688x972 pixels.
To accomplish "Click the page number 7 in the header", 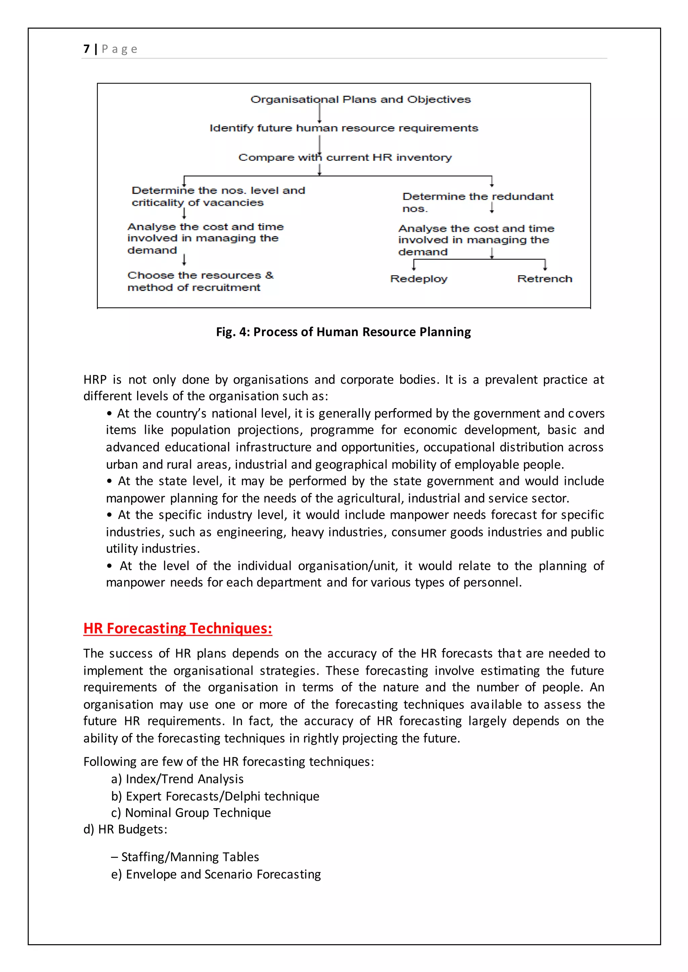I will pyautogui.click(x=86, y=49).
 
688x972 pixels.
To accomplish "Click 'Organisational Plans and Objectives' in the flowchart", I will pyautogui.click(x=360, y=99).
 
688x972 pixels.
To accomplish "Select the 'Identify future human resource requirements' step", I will pyautogui.click(x=344, y=128).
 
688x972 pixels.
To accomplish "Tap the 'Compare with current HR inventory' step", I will pyautogui.click(x=345, y=157).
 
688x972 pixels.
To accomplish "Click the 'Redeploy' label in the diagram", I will pyautogui.click(x=419, y=279).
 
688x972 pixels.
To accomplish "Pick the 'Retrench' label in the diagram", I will pyautogui.click(x=544, y=279).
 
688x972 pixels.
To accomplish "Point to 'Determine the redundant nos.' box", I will pyautogui.click(x=477, y=202).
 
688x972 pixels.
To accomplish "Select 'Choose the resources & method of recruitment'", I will pyautogui.click(x=200, y=282).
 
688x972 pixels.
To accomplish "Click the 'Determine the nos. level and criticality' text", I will pyautogui.click(x=218, y=196).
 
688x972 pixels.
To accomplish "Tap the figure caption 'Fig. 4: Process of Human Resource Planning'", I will pyautogui.click(x=343, y=332).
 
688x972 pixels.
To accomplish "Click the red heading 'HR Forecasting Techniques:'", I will pyautogui.click(x=177, y=628).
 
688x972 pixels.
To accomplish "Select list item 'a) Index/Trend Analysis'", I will pyautogui.click(x=177, y=779).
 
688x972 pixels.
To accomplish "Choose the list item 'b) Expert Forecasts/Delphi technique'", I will pyautogui.click(x=215, y=796).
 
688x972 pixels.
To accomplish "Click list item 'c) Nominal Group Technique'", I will pyautogui.click(x=190, y=813).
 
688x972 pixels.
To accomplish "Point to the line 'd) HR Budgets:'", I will pyautogui.click(x=125, y=829).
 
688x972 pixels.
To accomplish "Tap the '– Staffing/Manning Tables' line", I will pyautogui.click(x=185, y=857).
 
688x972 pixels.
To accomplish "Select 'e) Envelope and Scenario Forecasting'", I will pyautogui.click(x=216, y=874).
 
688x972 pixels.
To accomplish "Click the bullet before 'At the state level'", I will pyautogui.click(x=109, y=481).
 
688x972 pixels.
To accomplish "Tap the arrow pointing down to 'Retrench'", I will pyautogui.click(x=545, y=265).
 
